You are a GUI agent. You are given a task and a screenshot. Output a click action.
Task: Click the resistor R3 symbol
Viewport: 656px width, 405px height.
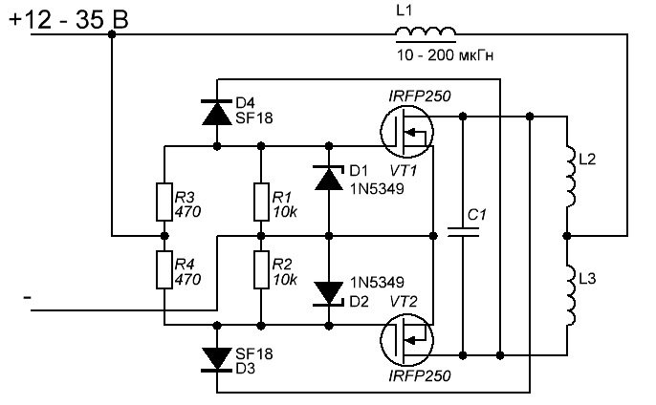[164, 202]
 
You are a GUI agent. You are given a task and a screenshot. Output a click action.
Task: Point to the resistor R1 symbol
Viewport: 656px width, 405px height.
[260, 202]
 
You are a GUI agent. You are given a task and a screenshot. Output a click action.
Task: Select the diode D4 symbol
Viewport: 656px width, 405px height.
[217, 112]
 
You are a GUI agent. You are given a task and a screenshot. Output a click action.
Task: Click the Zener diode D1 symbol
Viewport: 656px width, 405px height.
[328, 177]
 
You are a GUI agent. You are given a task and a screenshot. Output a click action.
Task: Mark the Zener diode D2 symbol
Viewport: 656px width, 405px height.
[328, 291]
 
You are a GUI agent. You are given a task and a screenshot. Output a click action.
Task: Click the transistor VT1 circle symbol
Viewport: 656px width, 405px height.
[407, 131]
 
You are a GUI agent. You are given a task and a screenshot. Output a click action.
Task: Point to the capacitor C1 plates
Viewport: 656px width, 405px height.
[463, 232]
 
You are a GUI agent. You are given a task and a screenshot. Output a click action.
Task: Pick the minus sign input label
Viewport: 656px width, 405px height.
[28, 299]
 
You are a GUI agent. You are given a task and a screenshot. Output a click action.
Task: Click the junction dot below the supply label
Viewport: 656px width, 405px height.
[113, 33]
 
